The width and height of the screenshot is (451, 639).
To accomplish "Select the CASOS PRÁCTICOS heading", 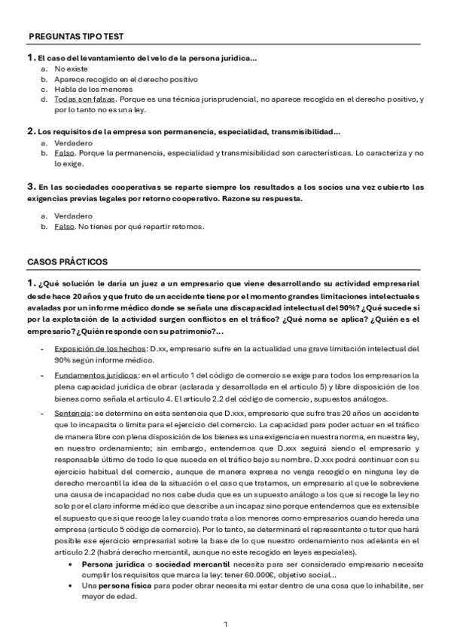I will tap(67, 261).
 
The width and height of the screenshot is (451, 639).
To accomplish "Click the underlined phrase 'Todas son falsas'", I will tap(79, 99).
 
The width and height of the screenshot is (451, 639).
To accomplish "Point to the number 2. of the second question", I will tap(31, 131).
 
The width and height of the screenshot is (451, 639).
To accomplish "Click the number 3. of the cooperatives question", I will tap(31, 185).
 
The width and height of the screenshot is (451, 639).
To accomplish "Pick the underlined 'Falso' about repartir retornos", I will tap(65, 227).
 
